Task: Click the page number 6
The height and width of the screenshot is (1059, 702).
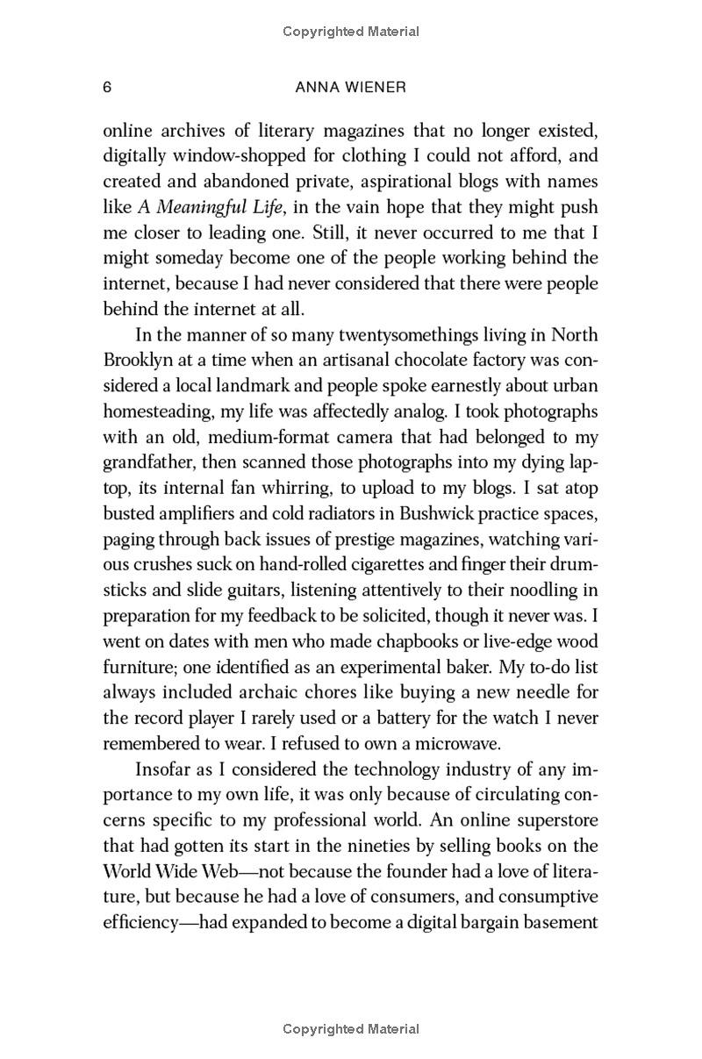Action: (x=107, y=87)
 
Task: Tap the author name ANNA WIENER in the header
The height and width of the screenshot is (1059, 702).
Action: (x=350, y=87)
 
